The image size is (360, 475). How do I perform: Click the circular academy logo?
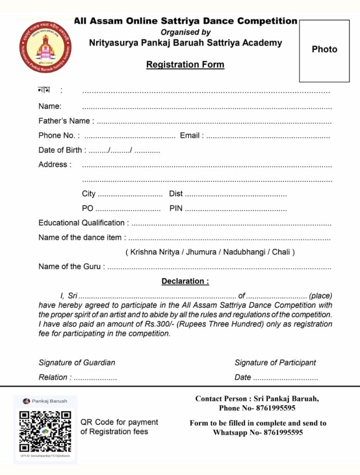45,46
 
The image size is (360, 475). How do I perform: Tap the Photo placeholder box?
324,51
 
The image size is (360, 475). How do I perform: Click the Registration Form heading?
185,65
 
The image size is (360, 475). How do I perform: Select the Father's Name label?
64,121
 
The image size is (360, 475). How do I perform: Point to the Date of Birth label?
60,150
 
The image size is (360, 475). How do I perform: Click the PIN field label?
176,208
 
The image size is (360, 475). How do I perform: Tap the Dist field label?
176,194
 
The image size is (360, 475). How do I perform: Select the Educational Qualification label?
81,223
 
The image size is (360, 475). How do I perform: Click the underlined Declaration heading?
185,282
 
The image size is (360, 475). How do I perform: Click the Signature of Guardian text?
77,363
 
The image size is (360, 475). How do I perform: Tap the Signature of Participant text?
275,363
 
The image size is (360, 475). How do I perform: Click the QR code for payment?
45,431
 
